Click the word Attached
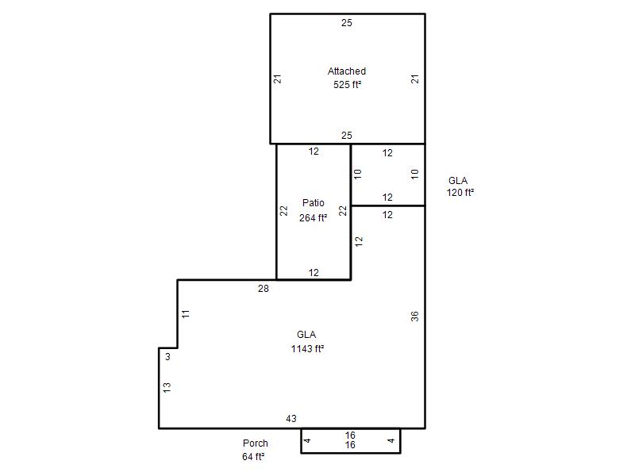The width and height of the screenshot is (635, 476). [x=347, y=71]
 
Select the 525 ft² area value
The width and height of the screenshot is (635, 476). [x=347, y=85]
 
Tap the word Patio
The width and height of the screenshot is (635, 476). [x=313, y=203]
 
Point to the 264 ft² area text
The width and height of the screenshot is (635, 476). [x=313, y=217]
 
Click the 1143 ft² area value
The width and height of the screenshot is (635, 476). [x=307, y=348]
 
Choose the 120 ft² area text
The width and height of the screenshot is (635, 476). [x=460, y=193]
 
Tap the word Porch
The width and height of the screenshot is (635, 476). [x=255, y=443]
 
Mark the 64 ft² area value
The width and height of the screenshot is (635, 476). [x=253, y=457]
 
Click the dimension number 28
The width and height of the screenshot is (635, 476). [x=264, y=289]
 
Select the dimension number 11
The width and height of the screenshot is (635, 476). [x=186, y=313]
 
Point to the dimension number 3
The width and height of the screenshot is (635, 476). [x=167, y=357]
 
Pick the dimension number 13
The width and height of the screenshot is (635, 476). [x=167, y=387]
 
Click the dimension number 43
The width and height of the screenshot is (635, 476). [x=291, y=419]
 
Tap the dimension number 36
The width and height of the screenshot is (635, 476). [x=414, y=316]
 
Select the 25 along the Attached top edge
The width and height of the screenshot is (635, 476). [x=347, y=23]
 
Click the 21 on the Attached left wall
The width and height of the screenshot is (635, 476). [x=277, y=79]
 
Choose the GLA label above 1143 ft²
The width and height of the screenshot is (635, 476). [x=306, y=335]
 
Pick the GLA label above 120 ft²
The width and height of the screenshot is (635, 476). [x=458, y=181]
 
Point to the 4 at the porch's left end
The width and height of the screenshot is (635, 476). [x=307, y=440]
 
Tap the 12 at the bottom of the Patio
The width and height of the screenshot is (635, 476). [x=314, y=273]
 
